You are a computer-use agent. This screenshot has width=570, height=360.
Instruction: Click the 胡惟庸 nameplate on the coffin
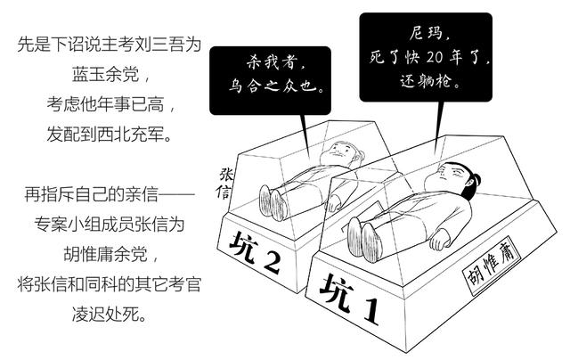pyautogui.click(x=493, y=266)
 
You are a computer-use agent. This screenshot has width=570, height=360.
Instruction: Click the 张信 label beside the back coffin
pyautogui.click(x=225, y=184)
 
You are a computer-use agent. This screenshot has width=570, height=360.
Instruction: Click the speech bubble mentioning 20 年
pyautogui.click(x=426, y=57)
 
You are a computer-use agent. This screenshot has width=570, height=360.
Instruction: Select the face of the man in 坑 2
pyautogui.click(x=338, y=152)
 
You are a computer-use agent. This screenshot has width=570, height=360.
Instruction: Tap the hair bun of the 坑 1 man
pyautogui.click(x=475, y=180)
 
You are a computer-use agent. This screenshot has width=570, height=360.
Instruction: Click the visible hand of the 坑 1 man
pyautogui.click(x=440, y=240)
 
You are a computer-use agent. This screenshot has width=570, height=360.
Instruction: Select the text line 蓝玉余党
pyautogui.click(x=105, y=75)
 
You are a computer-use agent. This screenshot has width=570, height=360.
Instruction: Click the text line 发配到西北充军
pyautogui.click(x=109, y=135)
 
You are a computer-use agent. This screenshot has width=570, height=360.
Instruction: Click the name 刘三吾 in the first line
pyautogui.click(x=159, y=45)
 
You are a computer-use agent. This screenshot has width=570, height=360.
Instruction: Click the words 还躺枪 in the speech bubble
pyautogui.click(x=429, y=81)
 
